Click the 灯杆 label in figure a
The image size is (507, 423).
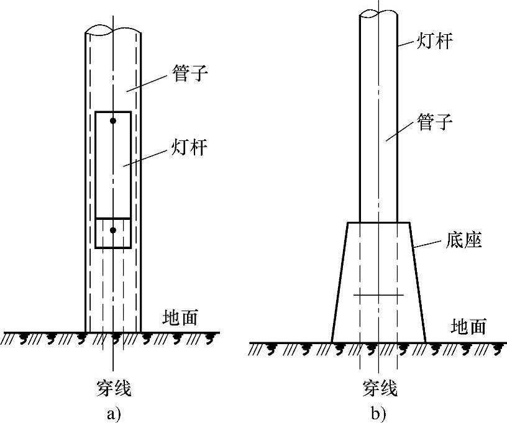coord(189,149)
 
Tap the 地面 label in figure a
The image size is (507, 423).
coord(180,318)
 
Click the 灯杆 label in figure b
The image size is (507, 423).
coord(434,43)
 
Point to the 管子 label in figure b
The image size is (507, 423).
coord(434,122)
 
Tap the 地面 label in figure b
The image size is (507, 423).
coord(468,327)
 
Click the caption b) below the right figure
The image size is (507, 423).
coord(378,411)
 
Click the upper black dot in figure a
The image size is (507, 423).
coord(113,120)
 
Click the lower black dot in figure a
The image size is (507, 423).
coord(113,230)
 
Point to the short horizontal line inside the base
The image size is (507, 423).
coord(378,295)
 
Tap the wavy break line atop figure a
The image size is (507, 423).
coord(113,29)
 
